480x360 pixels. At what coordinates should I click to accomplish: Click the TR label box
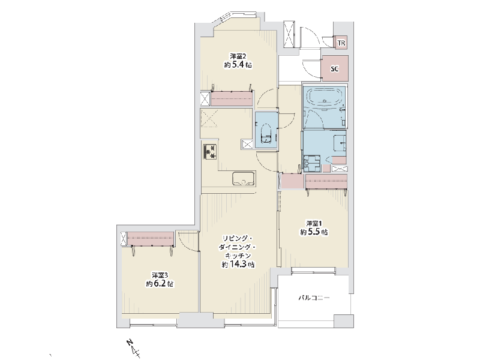coord(341,43)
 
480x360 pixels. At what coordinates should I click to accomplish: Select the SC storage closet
coord(335,68)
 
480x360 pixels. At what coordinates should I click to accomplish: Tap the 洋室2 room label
coord(238,56)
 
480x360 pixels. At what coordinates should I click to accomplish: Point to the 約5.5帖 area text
coord(314,232)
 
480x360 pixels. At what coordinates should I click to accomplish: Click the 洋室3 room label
coord(160,275)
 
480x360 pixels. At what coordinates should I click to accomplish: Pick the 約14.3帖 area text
coord(238,264)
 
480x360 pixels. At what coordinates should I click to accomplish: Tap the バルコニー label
coord(314,298)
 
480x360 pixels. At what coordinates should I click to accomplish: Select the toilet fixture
coord(266,134)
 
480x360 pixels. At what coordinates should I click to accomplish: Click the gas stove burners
coord(211,151)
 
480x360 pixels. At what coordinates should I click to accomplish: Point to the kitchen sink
coord(244,179)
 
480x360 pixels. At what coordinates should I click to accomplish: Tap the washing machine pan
coord(311,163)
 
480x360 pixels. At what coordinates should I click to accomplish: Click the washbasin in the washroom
coord(340,143)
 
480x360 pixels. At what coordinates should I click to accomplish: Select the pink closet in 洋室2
coord(232,98)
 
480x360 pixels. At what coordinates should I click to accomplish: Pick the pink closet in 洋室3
coord(151,239)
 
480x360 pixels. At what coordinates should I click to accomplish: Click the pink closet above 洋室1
coord(326,182)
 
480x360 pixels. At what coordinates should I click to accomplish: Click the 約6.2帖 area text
coord(160,283)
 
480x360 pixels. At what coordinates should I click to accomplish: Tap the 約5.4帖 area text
coord(238,65)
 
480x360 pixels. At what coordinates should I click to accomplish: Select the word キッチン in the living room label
coord(238,256)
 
